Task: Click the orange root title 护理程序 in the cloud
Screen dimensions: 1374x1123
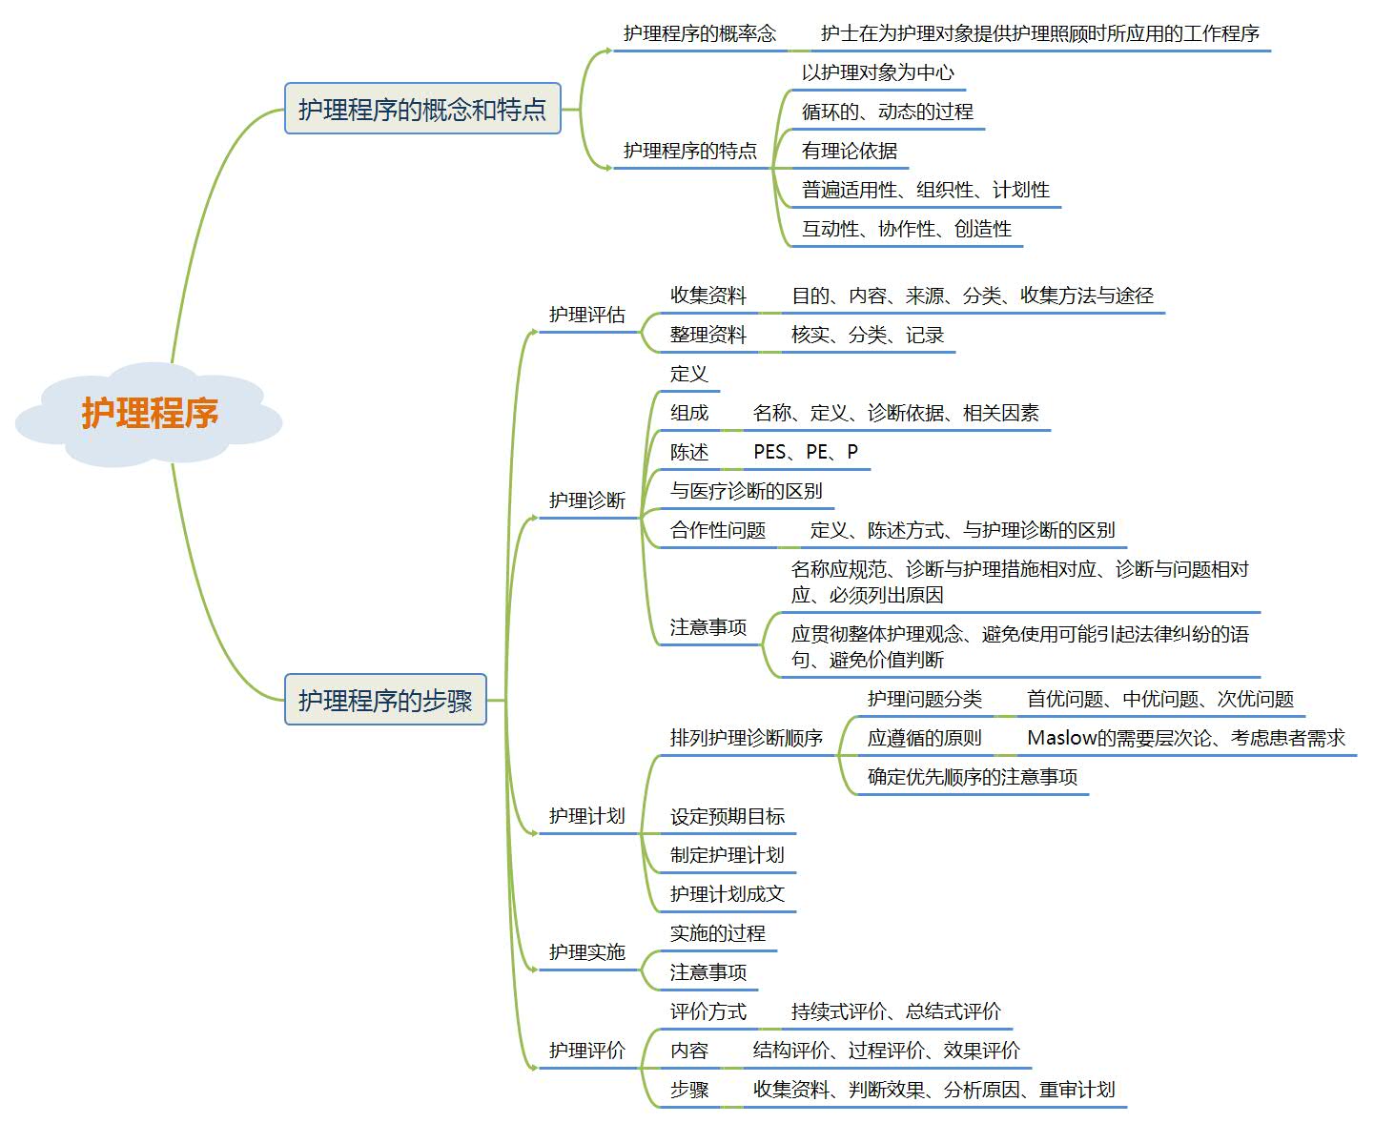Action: [x=149, y=413]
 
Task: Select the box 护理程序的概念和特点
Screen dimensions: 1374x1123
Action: [x=422, y=108]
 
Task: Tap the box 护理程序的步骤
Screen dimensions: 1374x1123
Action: [x=385, y=699]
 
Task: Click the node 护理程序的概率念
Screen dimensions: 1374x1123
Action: [x=699, y=33]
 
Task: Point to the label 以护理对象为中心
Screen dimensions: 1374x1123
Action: [x=877, y=72]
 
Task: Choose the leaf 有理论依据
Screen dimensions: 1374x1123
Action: [x=849, y=151]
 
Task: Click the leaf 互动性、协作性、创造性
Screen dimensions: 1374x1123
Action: [x=906, y=229]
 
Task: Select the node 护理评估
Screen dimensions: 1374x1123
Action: [x=587, y=315]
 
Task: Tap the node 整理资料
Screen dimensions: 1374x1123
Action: [x=708, y=335]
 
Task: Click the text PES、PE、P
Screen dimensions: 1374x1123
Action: [x=806, y=452]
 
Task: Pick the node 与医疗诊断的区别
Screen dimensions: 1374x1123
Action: [x=746, y=491]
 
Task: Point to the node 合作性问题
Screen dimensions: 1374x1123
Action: [x=717, y=530]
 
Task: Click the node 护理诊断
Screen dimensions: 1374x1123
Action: [x=587, y=500]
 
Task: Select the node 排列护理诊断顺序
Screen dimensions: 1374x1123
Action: [x=746, y=737]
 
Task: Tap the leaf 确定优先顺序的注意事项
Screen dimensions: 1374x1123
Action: [x=972, y=776]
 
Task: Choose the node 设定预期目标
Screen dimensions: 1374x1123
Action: [x=728, y=816]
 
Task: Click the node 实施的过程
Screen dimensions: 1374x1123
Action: [x=717, y=933]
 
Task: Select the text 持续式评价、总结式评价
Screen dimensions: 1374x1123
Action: [x=895, y=1011]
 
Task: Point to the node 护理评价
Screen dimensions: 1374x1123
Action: [x=587, y=1050]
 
